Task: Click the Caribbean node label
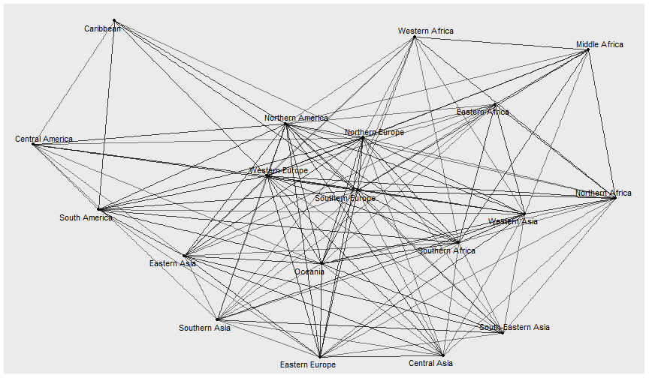[102, 29]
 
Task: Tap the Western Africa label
[426, 31]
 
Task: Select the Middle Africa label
[599, 44]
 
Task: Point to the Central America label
[44, 139]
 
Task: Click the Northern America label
[296, 118]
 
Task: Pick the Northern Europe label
[374, 132]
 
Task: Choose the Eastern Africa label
[482, 112]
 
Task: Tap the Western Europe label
[279, 171]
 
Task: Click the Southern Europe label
[345, 198]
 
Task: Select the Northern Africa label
[603, 193]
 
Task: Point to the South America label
[86, 217]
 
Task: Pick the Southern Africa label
[446, 250]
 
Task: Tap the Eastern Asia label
[173, 263]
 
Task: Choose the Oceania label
[309, 271]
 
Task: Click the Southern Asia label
[204, 328]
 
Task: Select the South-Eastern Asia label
[515, 327]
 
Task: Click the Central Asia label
[430, 363]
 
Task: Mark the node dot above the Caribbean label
[114, 20]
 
